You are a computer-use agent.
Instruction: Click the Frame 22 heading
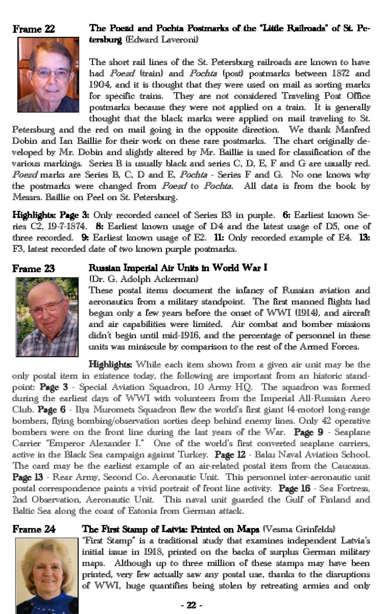[34, 29]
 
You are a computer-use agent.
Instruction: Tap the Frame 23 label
[34, 269]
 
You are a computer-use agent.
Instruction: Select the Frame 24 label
[34, 529]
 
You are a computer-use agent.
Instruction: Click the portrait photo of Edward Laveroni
[48, 75]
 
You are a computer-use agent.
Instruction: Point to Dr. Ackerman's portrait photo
[47, 317]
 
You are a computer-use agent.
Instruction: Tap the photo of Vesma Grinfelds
[47, 575]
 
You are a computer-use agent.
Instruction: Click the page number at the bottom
[191, 605]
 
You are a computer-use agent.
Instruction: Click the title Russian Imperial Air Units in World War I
[178, 268]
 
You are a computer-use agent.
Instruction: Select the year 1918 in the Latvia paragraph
[155, 552]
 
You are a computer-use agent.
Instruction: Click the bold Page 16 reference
[294, 489]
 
